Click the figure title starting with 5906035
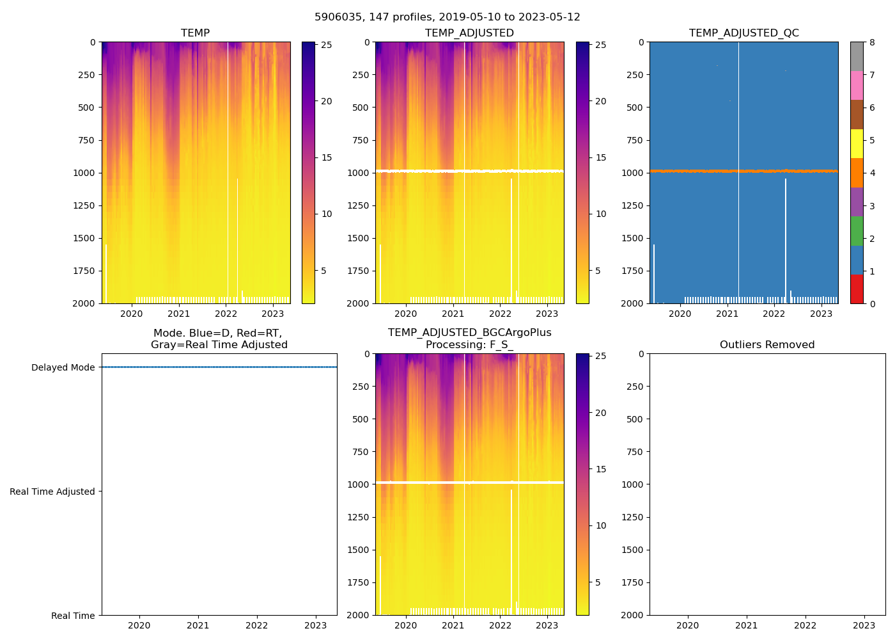pyautogui.click(x=447, y=17)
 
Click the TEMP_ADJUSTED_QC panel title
pyautogui.click(x=743, y=33)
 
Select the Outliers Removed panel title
pyautogui.click(x=767, y=344)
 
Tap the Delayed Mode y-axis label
pyautogui.click(x=63, y=367)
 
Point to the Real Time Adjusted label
pyautogui.click(x=52, y=492)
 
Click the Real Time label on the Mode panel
pyautogui.click(x=73, y=616)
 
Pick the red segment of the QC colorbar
pyautogui.click(x=857, y=289)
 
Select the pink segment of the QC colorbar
pyautogui.click(x=857, y=85)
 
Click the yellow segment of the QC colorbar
pyautogui.click(x=857, y=143)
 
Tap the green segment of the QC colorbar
pyautogui.click(x=857, y=230)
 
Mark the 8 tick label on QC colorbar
pyautogui.click(x=872, y=42)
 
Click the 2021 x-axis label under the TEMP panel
pyautogui.click(x=179, y=314)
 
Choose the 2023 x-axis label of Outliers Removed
pyautogui.click(x=864, y=625)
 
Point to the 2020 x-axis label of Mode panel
pyautogui.click(x=139, y=625)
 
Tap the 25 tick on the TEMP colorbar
pyautogui.click(x=326, y=45)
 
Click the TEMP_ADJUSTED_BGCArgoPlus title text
pyautogui.click(x=469, y=333)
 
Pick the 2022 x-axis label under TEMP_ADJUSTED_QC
pyautogui.click(x=774, y=314)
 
